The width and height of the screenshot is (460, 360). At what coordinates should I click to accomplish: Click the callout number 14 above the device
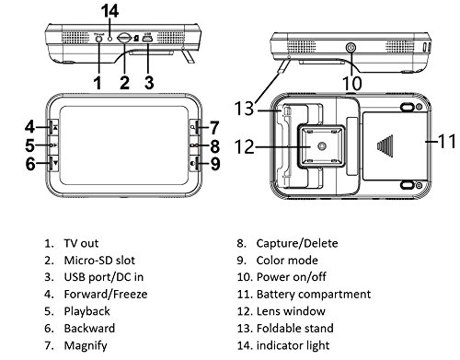click(109, 11)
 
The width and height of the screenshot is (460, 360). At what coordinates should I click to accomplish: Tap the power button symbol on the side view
click(351, 48)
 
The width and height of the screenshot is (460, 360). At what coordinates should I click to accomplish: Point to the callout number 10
click(352, 83)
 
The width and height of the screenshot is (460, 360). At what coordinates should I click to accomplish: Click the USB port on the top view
click(147, 39)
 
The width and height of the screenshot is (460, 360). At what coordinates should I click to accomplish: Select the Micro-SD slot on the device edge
click(124, 38)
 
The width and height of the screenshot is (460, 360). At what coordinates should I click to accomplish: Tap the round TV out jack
click(98, 39)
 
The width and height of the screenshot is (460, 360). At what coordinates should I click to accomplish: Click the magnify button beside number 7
click(194, 127)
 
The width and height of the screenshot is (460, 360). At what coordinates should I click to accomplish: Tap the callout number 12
click(245, 146)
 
